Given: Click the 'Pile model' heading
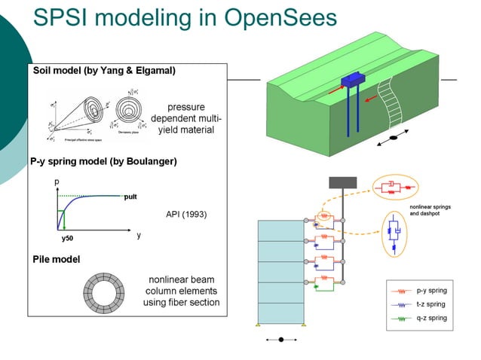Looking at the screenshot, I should tap(57, 259).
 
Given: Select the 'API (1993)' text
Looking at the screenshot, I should tap(186, 214).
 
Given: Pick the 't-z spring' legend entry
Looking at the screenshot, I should tap(430, 304).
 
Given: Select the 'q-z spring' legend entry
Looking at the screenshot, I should tap(430, 318).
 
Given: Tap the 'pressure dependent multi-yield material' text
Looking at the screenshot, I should tap(185, 118).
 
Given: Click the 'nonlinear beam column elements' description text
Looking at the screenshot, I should tap(181, 291).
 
